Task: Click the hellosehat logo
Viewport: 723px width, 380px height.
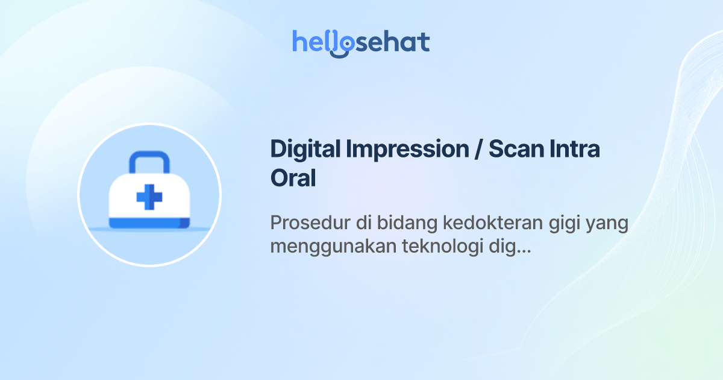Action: click(361, 42)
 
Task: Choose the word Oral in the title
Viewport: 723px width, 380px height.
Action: click(293, 179)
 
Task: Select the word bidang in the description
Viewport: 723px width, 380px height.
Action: click(409, 223)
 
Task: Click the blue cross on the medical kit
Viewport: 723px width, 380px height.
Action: click(149, 197)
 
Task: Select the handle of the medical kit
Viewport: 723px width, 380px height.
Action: click(149, 162)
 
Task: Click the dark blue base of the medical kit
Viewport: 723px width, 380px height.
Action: click(149, 224)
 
